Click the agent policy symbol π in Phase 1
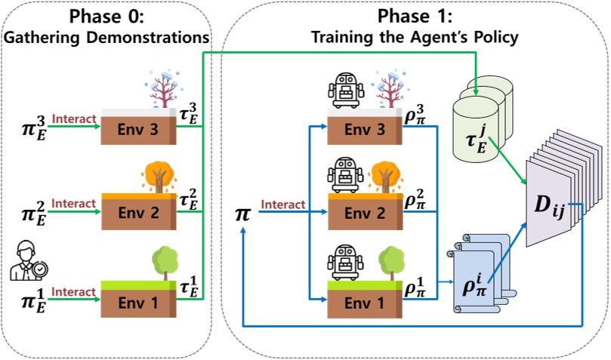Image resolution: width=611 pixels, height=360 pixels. [x=243, y=214]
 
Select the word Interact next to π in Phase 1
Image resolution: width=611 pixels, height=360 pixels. [x=283, y=205]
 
